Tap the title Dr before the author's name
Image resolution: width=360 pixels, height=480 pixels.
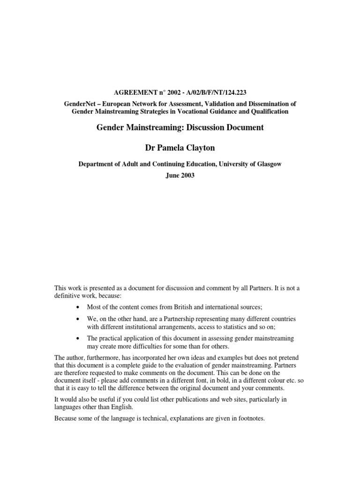tap(151, 149)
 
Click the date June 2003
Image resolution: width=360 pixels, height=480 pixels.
tap(180, 176)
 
